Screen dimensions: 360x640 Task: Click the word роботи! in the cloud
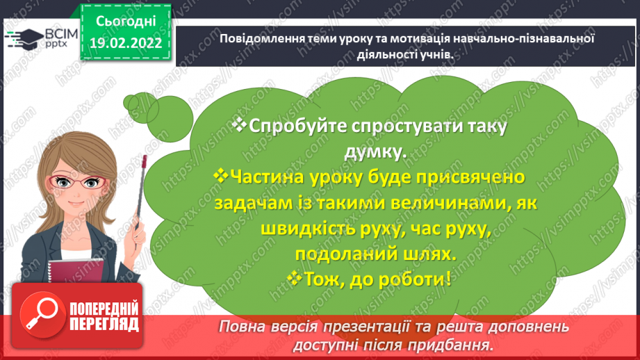[x=414, y=280]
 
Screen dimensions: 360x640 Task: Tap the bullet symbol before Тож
[x=295, y=279]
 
